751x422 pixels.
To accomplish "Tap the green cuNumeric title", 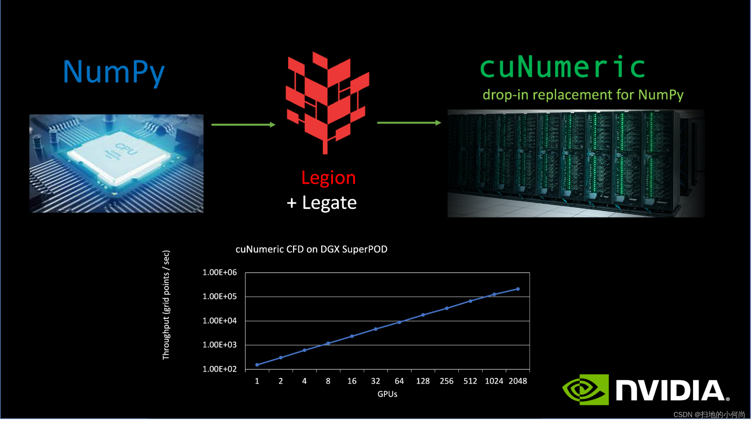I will (x=562, y=68).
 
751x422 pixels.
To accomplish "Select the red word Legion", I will (x=328, y=177).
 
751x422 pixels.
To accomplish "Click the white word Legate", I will (x=329, y=203).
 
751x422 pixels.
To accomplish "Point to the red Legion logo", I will (x=327, y=101).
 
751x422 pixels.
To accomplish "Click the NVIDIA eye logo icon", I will (x=585, y=389).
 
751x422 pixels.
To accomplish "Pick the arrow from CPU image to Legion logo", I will (x=243, y=125).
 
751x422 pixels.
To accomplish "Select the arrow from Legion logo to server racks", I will (x=409, y=123).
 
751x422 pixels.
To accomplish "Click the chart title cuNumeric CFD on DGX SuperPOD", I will (x=311, y=249).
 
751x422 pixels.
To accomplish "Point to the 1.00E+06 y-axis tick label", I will (x=219, y=272).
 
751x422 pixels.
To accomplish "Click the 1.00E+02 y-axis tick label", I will (x=219, y=369).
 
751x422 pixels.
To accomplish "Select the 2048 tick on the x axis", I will (x=518, y=381).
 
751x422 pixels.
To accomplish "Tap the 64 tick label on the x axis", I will (x=399, y=381).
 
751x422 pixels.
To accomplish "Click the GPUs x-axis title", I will (x=387, y=394).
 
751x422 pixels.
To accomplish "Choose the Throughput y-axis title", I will (x=166, y=305).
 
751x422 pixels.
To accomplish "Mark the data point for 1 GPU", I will (x=257, y=365).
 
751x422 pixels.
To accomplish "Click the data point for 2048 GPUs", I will (x=518, y=289).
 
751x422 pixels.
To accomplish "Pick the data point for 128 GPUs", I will (x=423, y=315).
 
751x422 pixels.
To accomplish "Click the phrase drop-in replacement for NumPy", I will (x=583, y=95).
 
